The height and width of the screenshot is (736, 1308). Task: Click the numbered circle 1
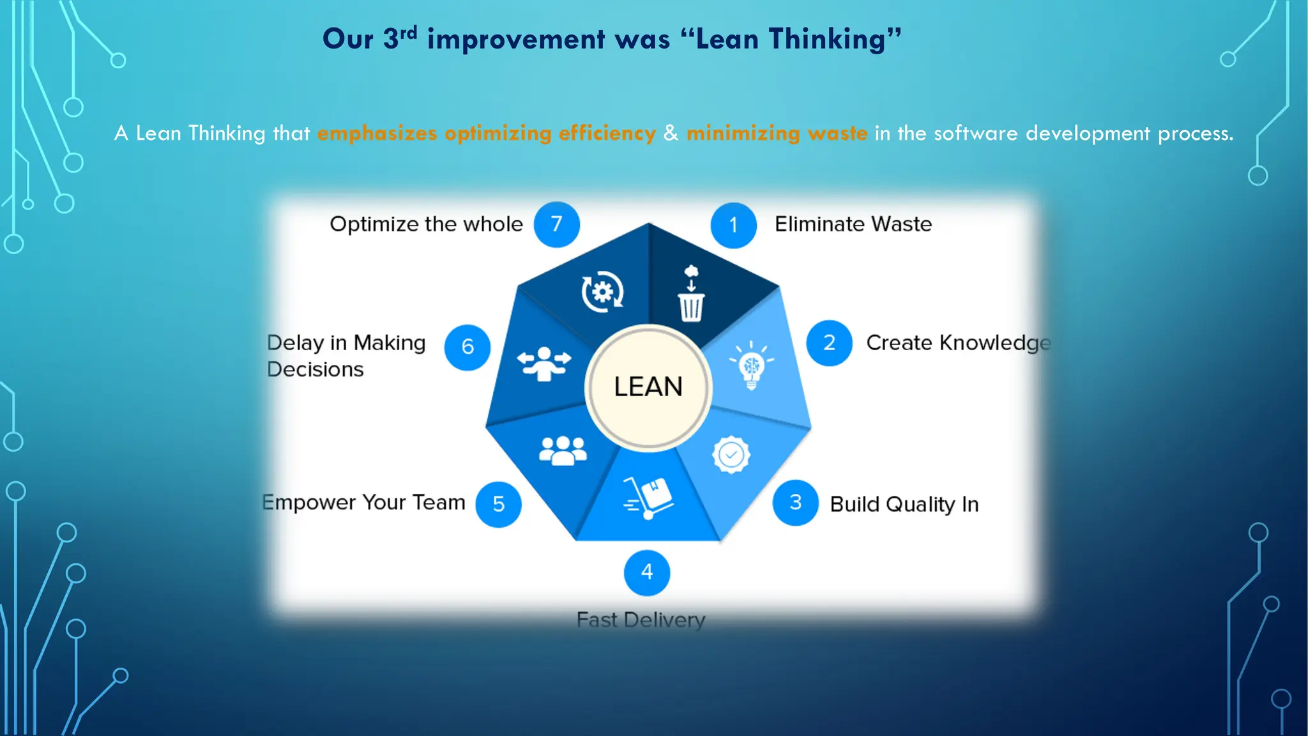(x=733, y=225)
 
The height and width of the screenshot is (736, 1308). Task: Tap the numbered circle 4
(x=646, y=572)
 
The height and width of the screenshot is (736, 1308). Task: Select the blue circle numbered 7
(x=556, y=224)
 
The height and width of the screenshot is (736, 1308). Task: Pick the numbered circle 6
(x=468, y=347)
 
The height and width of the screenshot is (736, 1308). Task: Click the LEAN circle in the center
(x=648, y=387)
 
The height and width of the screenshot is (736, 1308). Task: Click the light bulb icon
(x=752, y=365)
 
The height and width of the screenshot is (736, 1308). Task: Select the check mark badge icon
(x=731, y=455)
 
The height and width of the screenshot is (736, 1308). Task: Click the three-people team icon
(x=562, y=450)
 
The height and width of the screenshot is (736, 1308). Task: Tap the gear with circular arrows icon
(x=602, y=292)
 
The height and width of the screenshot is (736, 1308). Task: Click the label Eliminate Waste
(x=853, y=224)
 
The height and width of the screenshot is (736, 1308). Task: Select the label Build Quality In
(x=904, y=504)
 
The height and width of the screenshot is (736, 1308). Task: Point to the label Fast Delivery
(x=641, y=620)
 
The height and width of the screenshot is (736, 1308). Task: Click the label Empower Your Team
(x=364, y=502)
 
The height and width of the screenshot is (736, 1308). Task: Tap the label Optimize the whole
(x=426, y=224)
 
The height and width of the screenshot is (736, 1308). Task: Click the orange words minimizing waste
(x=777, y=133)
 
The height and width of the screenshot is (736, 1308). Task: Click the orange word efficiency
(x=607, y=133)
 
